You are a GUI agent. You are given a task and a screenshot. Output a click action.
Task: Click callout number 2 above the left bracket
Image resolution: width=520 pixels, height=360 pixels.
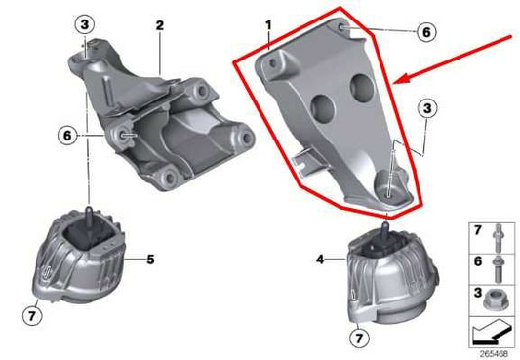158,26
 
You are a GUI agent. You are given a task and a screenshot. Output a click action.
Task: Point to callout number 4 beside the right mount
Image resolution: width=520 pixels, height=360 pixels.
320,259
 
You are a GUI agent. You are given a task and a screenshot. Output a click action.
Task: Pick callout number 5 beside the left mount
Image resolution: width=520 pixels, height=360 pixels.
151,259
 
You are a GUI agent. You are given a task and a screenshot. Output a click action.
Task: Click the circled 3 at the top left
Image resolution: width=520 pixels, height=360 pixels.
85,23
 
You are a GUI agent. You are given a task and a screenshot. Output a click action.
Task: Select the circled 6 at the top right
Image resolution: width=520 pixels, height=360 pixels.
425,31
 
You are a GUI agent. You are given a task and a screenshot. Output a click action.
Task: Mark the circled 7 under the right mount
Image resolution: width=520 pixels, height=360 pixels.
359,338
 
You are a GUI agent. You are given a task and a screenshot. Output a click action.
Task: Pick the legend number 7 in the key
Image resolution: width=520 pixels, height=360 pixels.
477,232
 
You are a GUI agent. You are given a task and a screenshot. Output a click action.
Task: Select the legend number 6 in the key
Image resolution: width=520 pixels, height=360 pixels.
477,261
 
